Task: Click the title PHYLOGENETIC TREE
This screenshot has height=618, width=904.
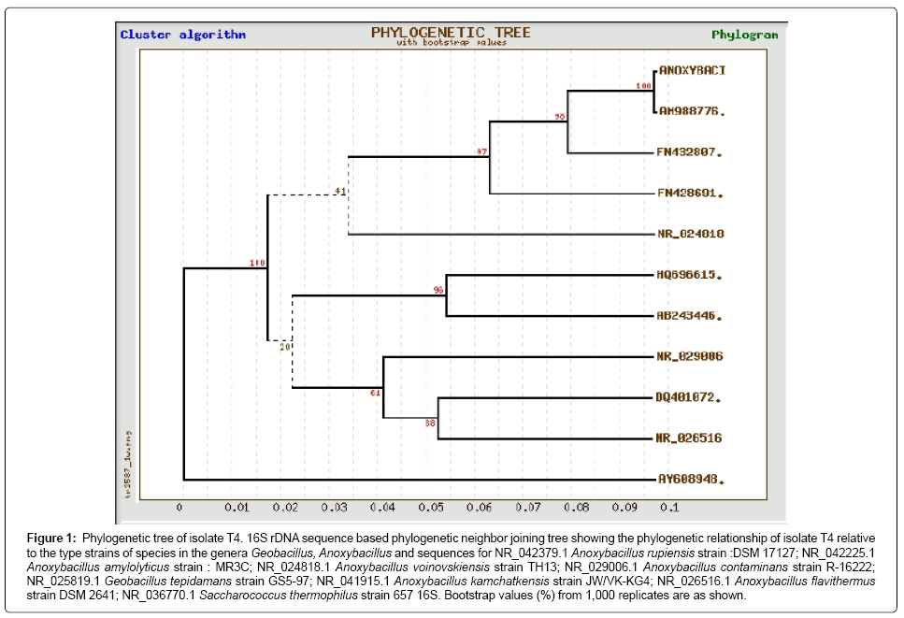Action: (x=451, y=33)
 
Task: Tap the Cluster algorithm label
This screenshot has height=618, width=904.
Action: (x=182, y=35)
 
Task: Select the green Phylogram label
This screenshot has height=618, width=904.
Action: (x=744, y=35)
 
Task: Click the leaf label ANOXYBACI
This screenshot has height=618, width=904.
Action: (x=693, y=70)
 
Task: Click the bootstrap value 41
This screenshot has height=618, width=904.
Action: (x=340, y=192)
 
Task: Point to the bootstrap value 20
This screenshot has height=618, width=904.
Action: (x=285, y=347)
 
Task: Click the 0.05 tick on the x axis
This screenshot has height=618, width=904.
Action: (x=431, y=508)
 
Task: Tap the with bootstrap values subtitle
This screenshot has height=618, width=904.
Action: (x=451, y=43)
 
